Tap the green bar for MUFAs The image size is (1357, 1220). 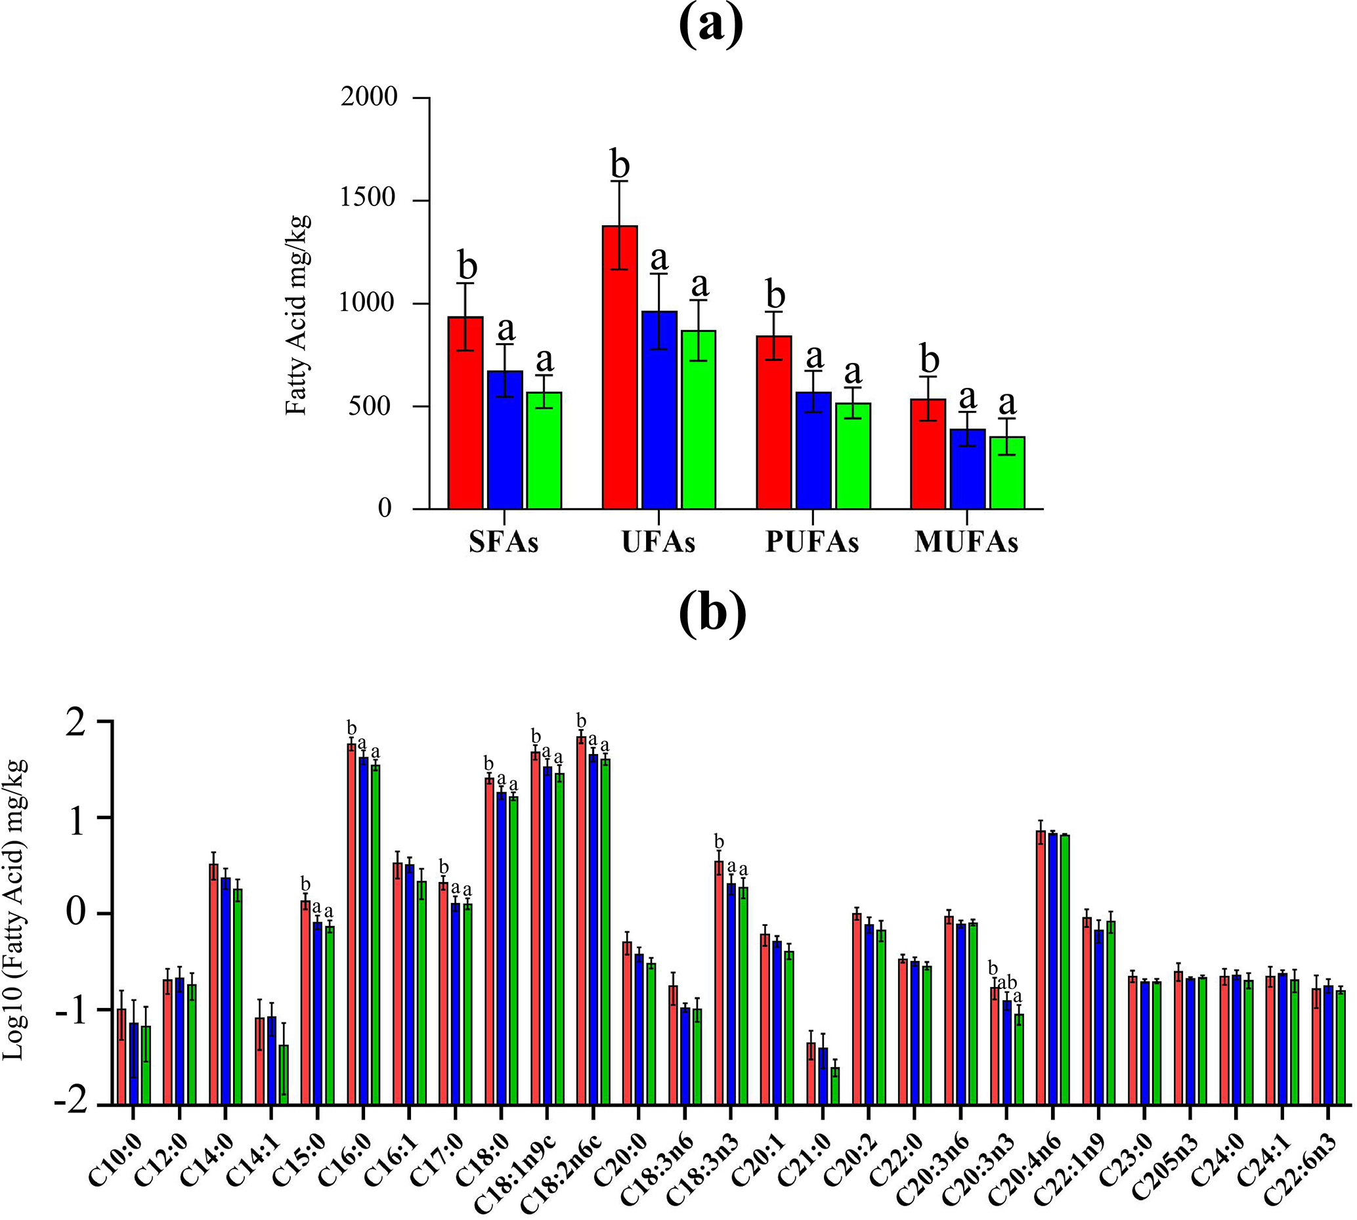[1007, 473]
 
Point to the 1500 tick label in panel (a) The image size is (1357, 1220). [369, 199]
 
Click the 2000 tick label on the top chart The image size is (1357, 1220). [369, 96]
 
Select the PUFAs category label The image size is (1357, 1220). [812, 542]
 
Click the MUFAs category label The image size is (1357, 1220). [966, 542]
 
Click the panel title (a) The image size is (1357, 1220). [711, 26]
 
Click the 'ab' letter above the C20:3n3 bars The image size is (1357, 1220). [1008, 983]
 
